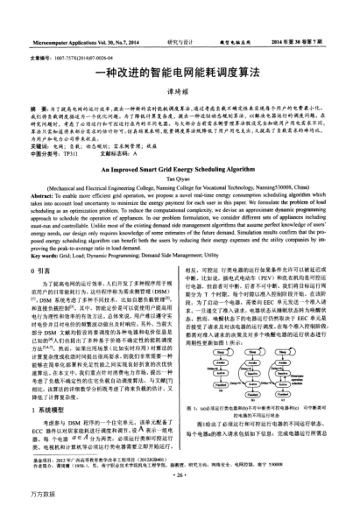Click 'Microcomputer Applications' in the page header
[x=66, y=40]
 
